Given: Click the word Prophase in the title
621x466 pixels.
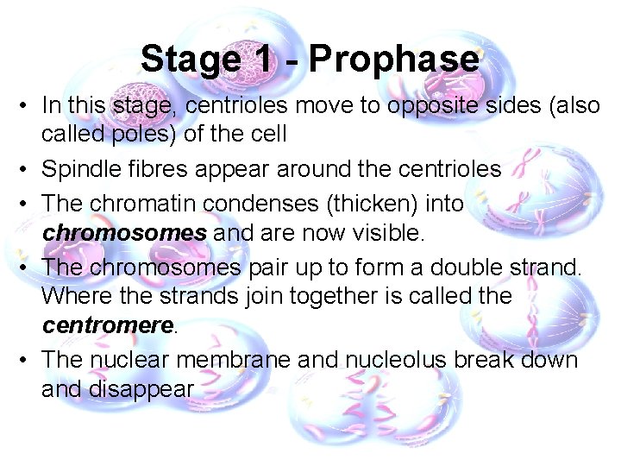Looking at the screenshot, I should click(392, 60).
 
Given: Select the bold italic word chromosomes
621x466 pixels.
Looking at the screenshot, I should click(124, 233).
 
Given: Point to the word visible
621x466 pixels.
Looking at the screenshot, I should click(391, 233).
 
